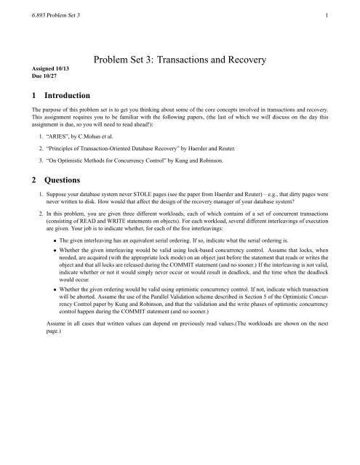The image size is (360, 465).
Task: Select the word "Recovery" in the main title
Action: coord(290,57)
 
